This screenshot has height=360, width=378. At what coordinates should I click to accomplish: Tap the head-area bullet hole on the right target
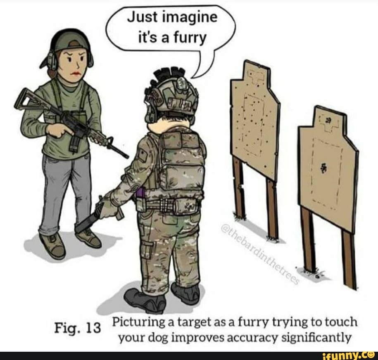pos(328,120)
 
